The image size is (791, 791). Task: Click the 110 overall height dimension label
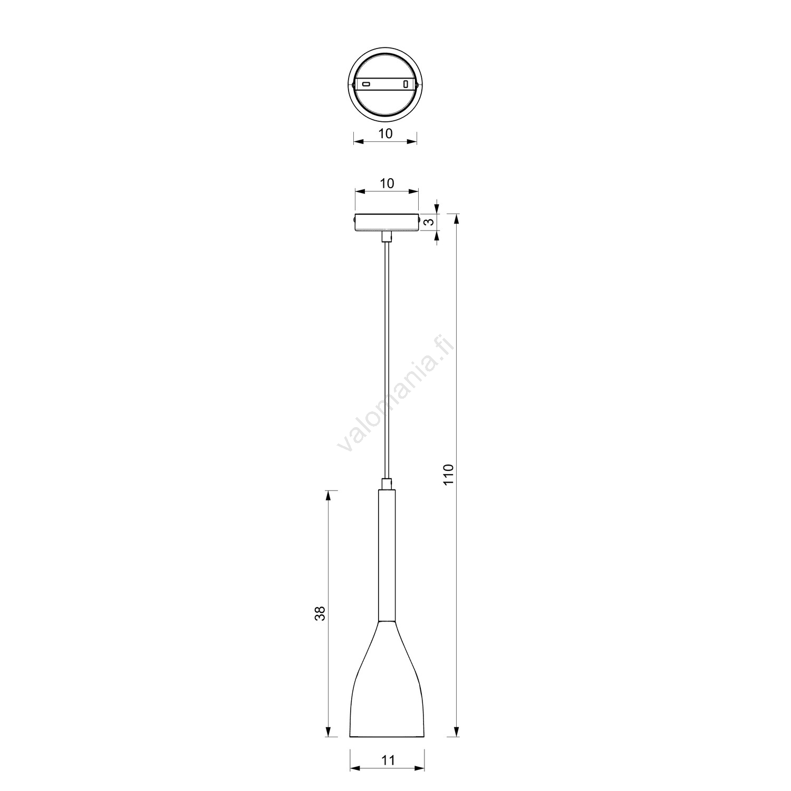(448, 475)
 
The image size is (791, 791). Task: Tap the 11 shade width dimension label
(388, 759)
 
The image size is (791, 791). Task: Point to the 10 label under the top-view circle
(385, 133)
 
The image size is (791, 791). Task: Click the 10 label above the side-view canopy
(387, 183)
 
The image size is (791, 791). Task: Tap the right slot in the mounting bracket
(406, 84)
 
